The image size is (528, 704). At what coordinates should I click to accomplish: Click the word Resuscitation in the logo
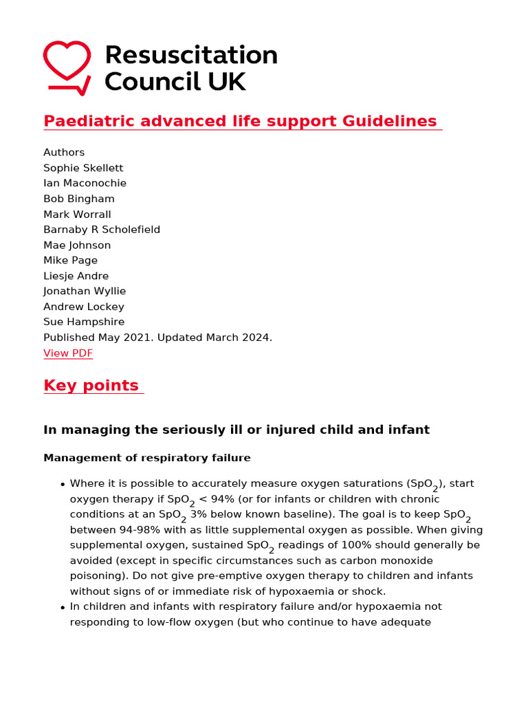[x=190, y=55]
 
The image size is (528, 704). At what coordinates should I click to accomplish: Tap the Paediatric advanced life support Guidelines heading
[x=240, y=122]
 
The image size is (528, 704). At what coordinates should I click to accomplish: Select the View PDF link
[x=67, y=353]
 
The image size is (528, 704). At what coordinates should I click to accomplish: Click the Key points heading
[x=91, y=386]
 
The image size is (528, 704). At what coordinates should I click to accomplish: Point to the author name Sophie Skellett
[x=83, y=168]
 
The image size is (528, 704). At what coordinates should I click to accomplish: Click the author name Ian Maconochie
[x=85, y=184]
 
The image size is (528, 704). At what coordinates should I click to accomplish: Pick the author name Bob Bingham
[x=79, y=199]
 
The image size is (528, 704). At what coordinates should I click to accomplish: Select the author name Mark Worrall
[x=77, y=214]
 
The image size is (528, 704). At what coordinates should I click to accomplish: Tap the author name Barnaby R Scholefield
[x=102, y=230]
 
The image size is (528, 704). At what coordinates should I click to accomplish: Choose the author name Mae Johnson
[x=77, y=245]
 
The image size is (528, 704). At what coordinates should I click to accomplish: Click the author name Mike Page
[x=70, y=261]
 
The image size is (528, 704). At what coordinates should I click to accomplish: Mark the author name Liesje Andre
[x=76, y=276]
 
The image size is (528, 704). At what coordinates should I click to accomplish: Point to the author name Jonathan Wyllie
[x=85, y=291]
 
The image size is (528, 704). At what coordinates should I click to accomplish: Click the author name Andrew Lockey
[x=84, y=307]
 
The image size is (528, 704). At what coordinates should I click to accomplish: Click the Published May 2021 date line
[x=157, y=338]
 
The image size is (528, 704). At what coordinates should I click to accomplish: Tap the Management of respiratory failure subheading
[x=147, y=458]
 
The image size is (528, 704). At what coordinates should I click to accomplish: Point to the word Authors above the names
[x=64, y=153]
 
